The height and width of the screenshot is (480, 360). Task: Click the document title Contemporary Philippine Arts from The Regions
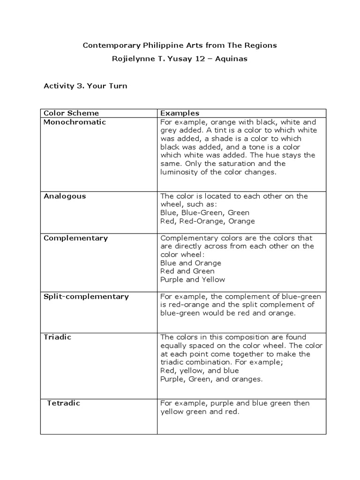pyautogui.click(x=180, y=45)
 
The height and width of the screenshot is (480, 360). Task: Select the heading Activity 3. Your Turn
pyautogui.click(x=85, y=86)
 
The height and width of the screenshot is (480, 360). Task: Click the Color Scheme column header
pyautogui.click(x=71, y=113)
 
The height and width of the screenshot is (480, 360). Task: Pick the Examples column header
pyautogui.click(x=180, y=113)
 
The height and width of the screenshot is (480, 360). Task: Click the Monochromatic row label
pyautogui.click(x=75, y=122)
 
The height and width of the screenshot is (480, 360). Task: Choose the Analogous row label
pyautogui.click(x=65, y=196)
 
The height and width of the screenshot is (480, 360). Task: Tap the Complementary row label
pyautogui.click(x=75, y=238)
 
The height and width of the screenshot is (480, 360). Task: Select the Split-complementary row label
pyautogui.click(x=86, y=296)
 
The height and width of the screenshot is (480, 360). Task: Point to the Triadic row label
pyautogui.click(x=58, y=337)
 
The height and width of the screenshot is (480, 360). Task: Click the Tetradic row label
pyautogui.click(x=64, y=403)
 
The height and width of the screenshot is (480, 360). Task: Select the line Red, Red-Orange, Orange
pyautogui.click(x=208, y=221)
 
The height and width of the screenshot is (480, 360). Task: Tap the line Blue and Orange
pyautogui.click(x=191, y=263)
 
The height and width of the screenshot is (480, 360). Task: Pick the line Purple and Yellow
pyautogui.click(x=193, y=279)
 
